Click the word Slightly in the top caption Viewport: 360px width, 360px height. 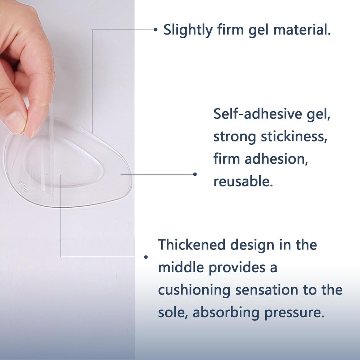tap(188, 30)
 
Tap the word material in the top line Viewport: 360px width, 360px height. tap(302, 30)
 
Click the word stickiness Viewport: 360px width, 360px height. tap(294, 136)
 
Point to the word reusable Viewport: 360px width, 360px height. tap(243, 181)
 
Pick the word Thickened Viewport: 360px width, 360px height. tap(192, 244)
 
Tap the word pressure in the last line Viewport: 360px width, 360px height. tap(294, 313)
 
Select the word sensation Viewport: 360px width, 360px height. tap(266, 290)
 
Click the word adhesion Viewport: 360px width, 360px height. tap(276, 159)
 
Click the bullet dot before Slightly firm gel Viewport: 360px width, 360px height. tap(156, 30)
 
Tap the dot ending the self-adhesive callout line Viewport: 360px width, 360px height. tap(195, 174)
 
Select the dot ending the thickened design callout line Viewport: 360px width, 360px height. tap(146, 257)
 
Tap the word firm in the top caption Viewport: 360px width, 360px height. tap(230, 30)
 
